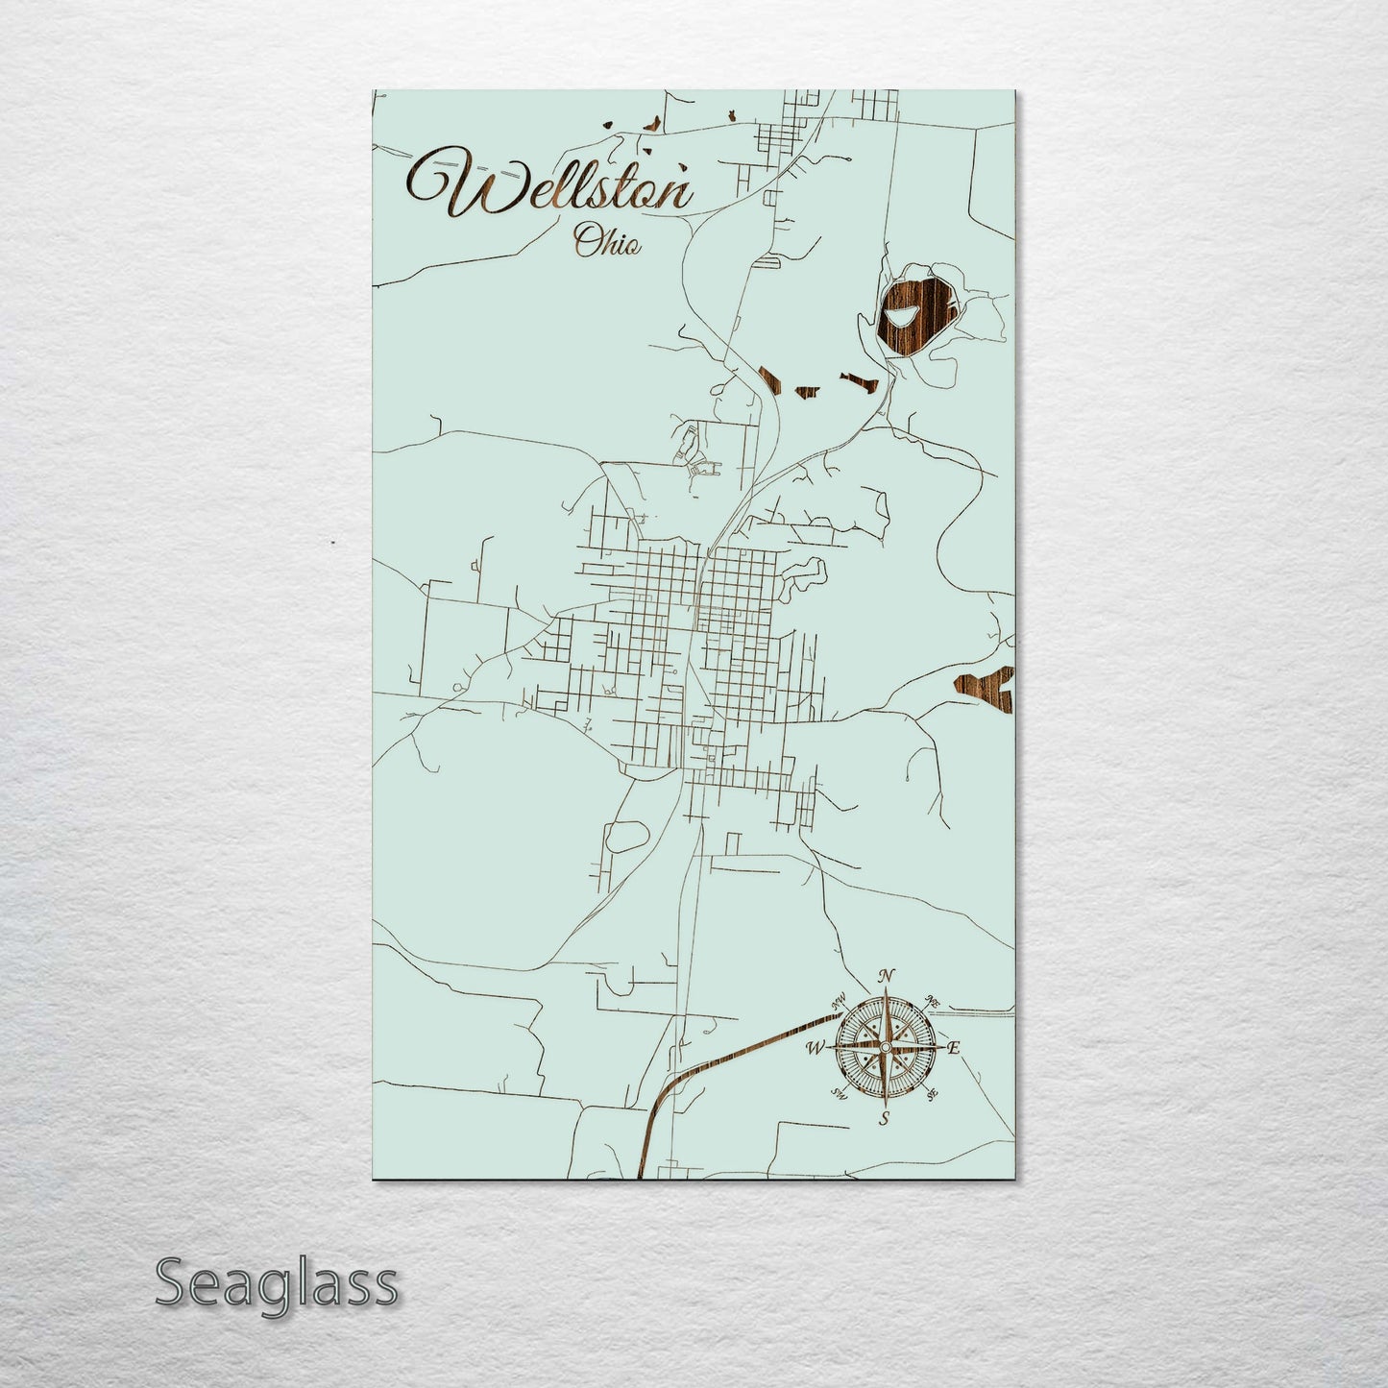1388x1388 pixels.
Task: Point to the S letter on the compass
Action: coord(885,1117)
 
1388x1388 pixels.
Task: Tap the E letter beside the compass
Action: coord(954,1048)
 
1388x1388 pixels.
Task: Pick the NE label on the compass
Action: coord(931,1001)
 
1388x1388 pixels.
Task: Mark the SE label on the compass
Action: coord(931,1093)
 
